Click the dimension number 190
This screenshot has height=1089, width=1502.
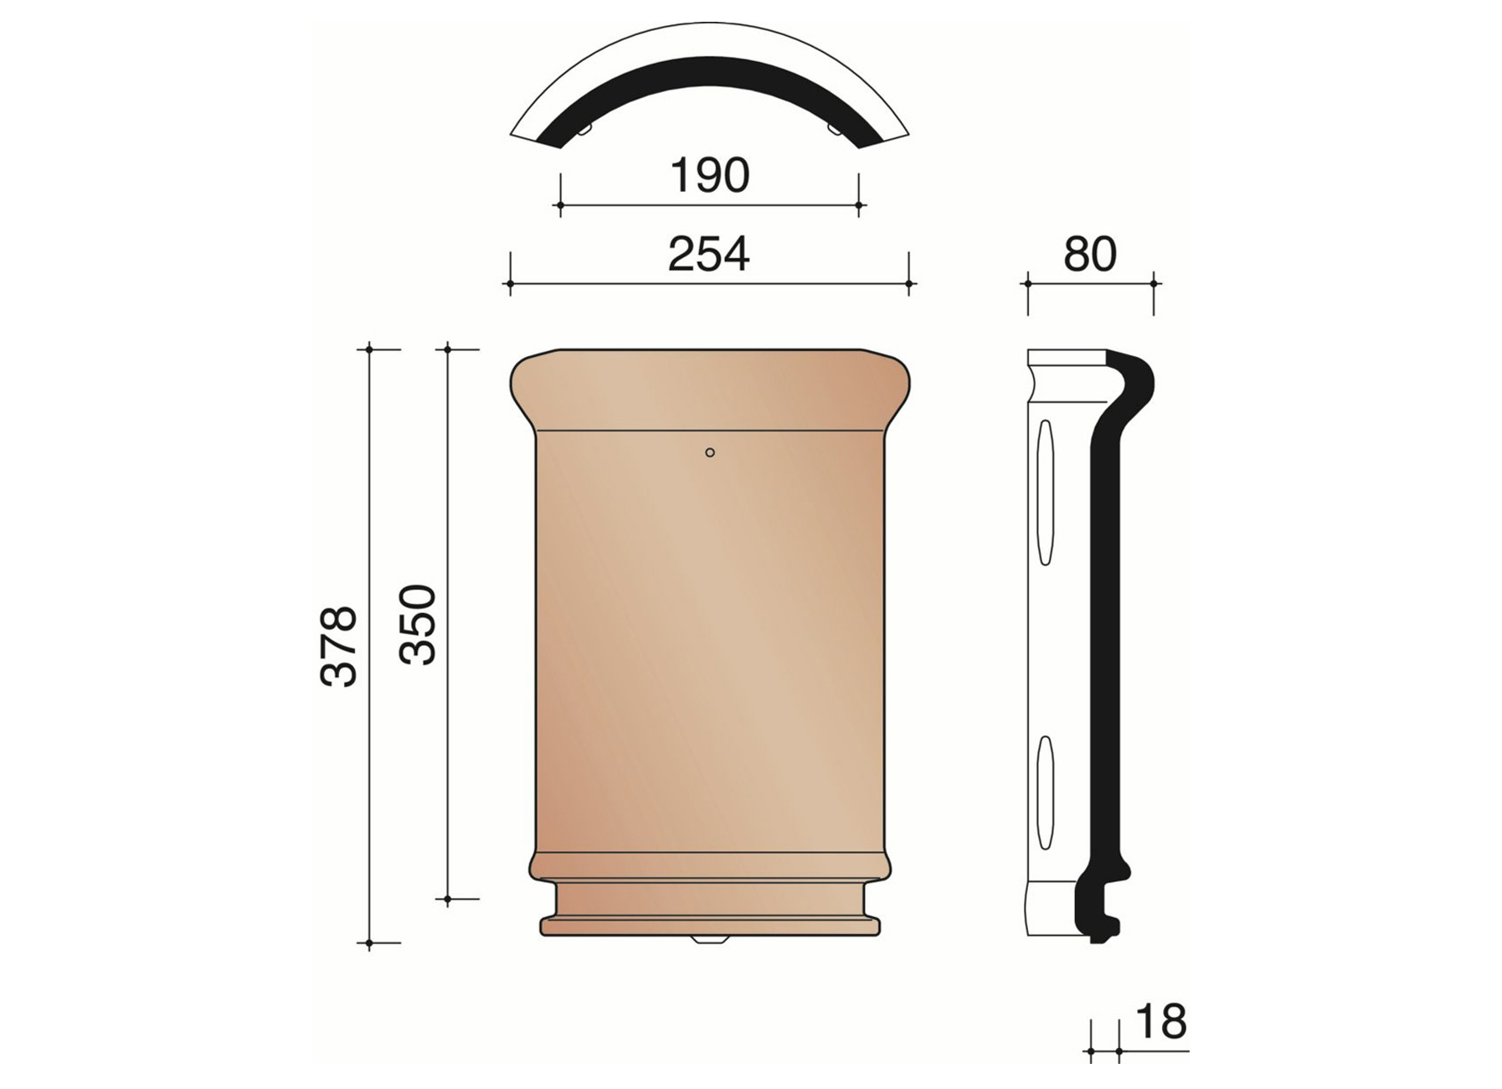[709, 176]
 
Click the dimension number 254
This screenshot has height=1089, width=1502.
[708, 255]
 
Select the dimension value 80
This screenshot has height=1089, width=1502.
[1089, 255]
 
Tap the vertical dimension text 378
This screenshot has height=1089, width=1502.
[339, 646]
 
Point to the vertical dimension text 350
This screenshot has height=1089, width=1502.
[418, 625]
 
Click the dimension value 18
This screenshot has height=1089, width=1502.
[1161, 1022]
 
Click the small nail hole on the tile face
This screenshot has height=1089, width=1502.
[710, 452]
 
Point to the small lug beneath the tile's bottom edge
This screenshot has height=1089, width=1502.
[709, 940]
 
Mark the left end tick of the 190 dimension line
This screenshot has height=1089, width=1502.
[560, 204]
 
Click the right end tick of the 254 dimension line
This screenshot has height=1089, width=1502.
[909, 284]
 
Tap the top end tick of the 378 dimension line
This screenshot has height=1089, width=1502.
[369, 348]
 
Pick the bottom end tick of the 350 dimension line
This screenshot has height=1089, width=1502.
[448, 900]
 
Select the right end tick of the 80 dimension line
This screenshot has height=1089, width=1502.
[1154, 284]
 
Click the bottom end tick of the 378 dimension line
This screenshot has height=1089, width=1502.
[369, 943]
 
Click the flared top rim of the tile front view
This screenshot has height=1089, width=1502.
[709, 390]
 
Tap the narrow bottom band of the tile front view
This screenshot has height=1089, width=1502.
[709, 926]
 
